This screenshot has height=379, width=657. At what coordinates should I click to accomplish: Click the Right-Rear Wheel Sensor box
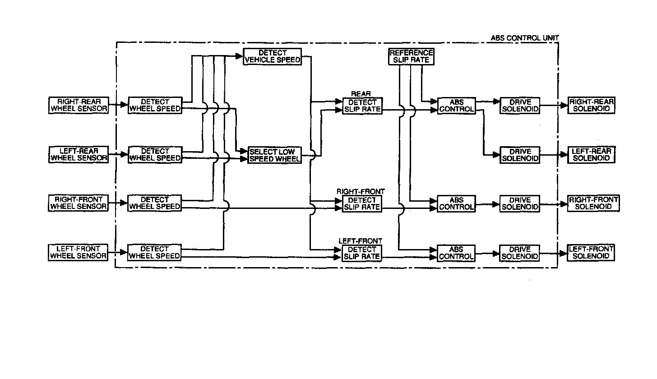coord(79,105)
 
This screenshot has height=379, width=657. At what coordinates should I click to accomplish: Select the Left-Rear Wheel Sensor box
coord(79,154)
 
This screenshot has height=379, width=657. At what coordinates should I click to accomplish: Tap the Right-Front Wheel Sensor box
coord(79,203)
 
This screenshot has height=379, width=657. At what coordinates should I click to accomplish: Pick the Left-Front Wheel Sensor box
coord(79,252)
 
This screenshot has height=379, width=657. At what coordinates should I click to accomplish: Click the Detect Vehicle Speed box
coord(273,57)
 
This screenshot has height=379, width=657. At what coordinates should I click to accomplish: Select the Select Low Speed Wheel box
coord(274,155)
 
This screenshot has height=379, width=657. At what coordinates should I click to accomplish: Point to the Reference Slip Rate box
coord(411,57)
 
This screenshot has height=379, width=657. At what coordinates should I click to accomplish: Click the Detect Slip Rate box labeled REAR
coord(362,106)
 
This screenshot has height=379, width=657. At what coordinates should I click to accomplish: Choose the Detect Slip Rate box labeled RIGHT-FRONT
coord(362,203)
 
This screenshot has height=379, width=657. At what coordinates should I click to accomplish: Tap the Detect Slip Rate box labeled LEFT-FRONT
coord(362,253)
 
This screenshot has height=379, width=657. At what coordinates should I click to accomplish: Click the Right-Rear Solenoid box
coord(591,105)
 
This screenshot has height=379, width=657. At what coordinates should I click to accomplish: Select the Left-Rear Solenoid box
coord(591,154)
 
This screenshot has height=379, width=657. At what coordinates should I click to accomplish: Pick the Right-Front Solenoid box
coord(593,203)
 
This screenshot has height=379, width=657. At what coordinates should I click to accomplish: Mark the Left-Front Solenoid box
coord(591,252)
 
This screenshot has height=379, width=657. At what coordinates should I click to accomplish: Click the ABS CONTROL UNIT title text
coord(525,38)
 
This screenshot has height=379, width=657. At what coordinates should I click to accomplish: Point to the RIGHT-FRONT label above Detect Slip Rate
coord(361,192)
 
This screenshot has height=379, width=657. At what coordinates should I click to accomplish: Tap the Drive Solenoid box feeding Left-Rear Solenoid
coord(520,155)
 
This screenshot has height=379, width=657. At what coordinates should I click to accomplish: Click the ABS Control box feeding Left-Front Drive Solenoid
coord(457,253)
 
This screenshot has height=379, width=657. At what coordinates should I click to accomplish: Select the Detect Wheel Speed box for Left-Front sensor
coord(154,252)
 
